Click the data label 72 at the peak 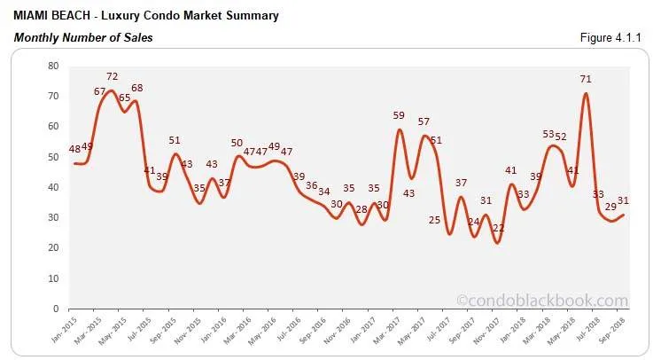[x=113, y=77]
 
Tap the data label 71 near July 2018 [x=586, y=80]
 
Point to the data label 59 [x=399, y=116]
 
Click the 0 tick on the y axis [x=55, y=309]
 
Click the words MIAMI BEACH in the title [x=49, y=15]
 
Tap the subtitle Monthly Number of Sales [x=83, y=37]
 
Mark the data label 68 [x=136, y=89]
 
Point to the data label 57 [x=424, y=122]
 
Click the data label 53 [x=549, y=135]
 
